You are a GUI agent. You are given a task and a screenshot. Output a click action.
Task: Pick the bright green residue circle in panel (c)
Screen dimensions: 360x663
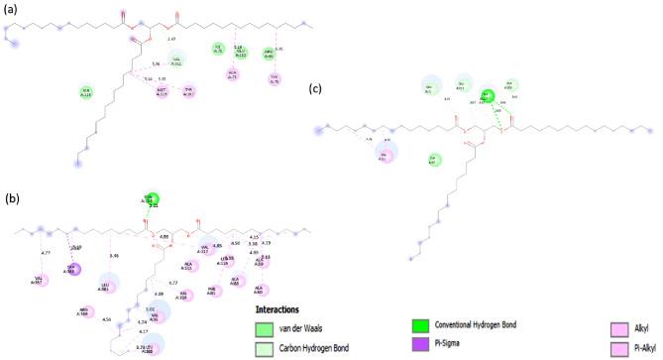(487, 96)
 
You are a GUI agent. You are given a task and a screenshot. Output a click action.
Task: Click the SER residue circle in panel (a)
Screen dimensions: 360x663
(85, 92)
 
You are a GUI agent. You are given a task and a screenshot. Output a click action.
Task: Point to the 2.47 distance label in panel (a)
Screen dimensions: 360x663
(170, 39)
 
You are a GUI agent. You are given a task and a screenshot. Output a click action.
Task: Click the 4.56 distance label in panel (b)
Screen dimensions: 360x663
(106, 319)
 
